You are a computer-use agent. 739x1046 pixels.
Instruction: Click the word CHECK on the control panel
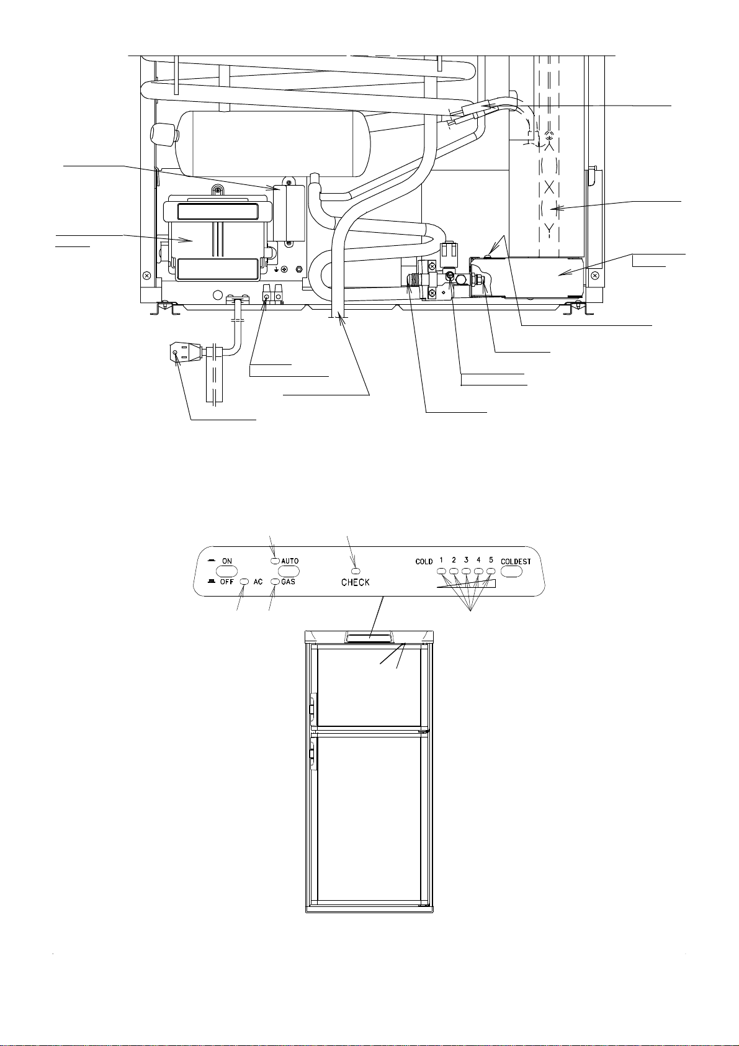(356, 582)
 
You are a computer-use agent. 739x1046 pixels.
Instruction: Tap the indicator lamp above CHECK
(356, 570)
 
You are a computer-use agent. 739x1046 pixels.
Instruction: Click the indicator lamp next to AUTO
(275, 561)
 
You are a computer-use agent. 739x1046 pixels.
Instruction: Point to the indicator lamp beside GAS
(275, 582)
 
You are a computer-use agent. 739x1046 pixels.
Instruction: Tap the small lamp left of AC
(244, 582)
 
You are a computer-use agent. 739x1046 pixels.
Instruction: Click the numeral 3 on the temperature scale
(466, 559)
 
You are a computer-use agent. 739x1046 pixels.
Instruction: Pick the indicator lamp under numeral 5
(491, 571)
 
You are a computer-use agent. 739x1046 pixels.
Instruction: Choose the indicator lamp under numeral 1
(441, 571)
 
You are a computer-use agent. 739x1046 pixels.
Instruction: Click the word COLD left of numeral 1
(424, 562)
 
